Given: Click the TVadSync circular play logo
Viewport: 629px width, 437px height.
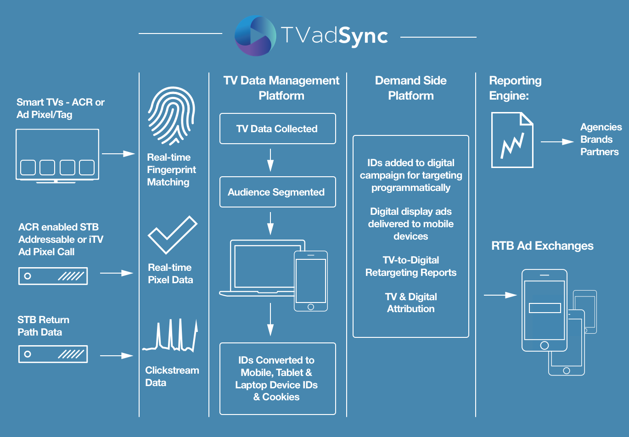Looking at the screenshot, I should tap(255, 36).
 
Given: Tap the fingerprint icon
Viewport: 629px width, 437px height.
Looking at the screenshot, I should tap(171, 116).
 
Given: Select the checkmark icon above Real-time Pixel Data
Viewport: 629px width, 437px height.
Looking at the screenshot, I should tap(172, 235).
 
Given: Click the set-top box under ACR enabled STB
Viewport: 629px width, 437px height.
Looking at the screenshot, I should tap(53, 276).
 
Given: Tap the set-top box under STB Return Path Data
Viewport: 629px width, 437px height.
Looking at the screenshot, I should tap(53, 354).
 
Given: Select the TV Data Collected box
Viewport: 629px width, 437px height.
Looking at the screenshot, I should tap(277, 129).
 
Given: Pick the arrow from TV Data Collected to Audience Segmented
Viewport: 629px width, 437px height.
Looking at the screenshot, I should tap(270, 160).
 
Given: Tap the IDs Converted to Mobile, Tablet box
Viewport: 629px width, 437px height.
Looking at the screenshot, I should tap(277, 378).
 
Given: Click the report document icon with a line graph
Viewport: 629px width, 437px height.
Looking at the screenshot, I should tap(512, 140).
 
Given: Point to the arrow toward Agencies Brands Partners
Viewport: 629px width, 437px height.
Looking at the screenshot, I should tap(557, 142).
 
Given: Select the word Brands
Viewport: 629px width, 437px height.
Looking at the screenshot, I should tap(596, 140).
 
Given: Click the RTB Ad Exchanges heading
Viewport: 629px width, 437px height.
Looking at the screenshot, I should tap(542, 246).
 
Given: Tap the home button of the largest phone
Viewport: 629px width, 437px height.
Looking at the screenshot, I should tap(544, 345).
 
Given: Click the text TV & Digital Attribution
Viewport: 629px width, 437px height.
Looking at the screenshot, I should tap(411, 303).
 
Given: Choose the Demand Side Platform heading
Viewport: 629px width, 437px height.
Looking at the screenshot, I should tap(411, 88).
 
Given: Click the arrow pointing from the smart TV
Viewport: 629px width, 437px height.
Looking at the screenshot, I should tap(118, 154).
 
